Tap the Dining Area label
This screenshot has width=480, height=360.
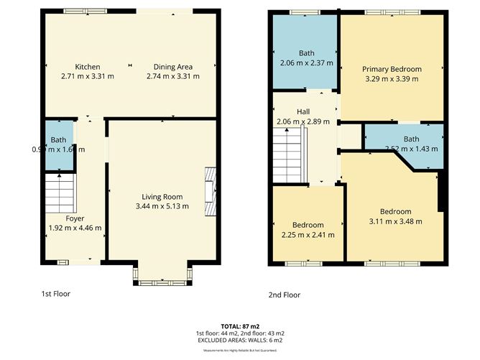tap(172, 67)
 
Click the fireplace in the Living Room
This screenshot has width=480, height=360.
tap(211, 191)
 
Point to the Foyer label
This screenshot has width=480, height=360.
tap(75, 218)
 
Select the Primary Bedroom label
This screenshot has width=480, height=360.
tap(392, 69)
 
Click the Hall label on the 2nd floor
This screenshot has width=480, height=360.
tap(303, 112)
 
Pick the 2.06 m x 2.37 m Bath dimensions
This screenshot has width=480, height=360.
tap(306, 63)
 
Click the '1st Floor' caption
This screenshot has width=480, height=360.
tap(56, 294)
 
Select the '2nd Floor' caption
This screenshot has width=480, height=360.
tap(285, 295)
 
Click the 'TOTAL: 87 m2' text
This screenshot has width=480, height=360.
tap(240, 326)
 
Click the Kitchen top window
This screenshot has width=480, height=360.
tap(86, 11)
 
